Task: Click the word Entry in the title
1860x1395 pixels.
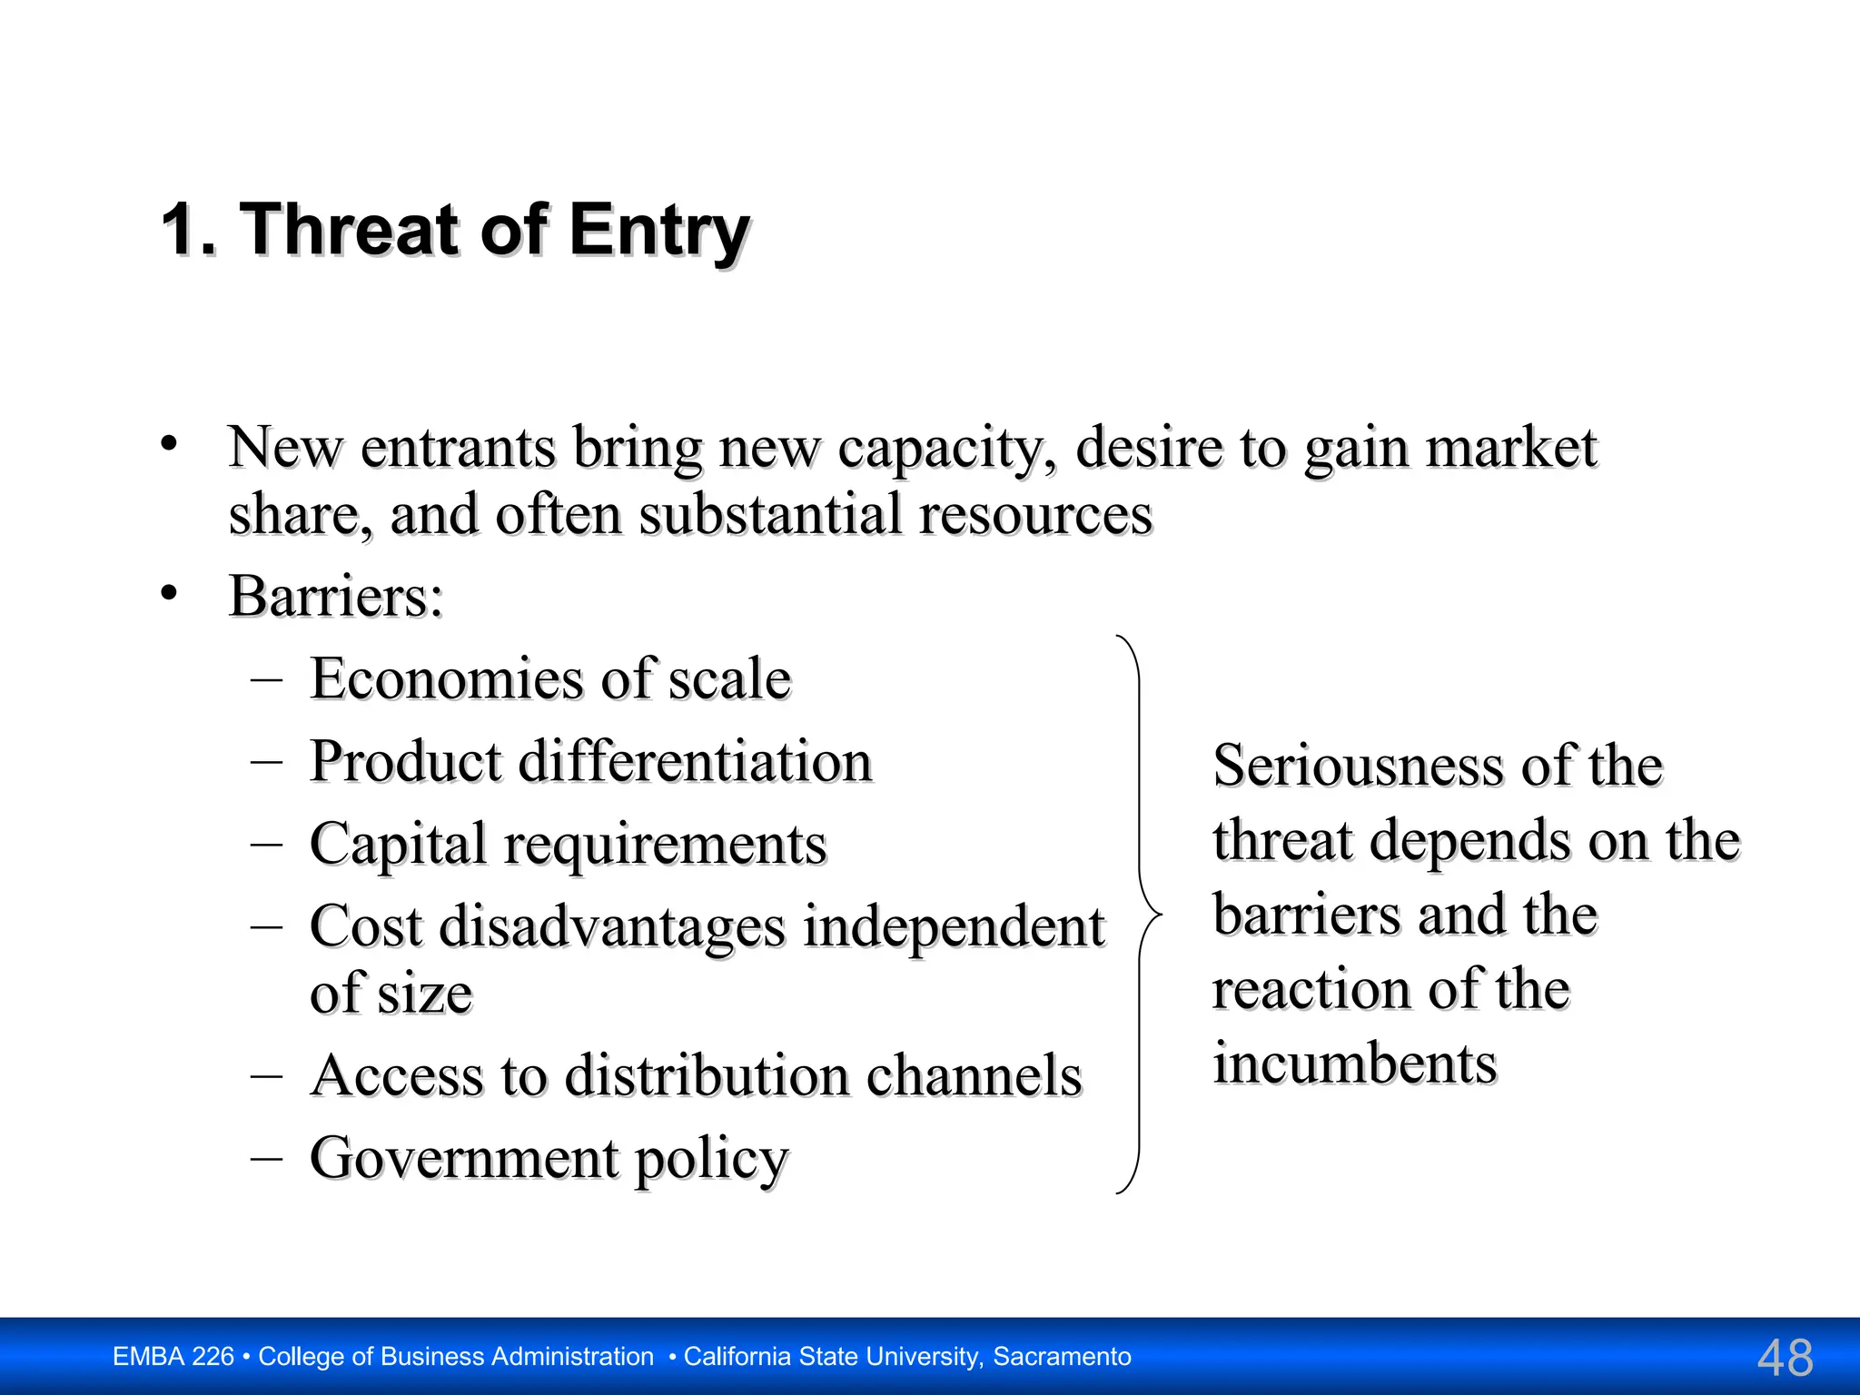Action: tap(658, 231)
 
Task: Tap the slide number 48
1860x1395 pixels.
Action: tap(1785, 1358)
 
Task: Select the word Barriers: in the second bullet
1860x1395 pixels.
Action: tap(336, 597)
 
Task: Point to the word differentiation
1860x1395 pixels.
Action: tap(695, 761)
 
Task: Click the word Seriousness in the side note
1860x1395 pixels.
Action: tap(1358, 766)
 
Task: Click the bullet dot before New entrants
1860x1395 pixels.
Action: tap(168, 444)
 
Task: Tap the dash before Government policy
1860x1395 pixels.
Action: tap(267, 1158)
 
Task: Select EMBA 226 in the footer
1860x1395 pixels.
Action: tap(173, 1357)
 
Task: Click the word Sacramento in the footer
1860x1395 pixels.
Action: tap(1062, 1357)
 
